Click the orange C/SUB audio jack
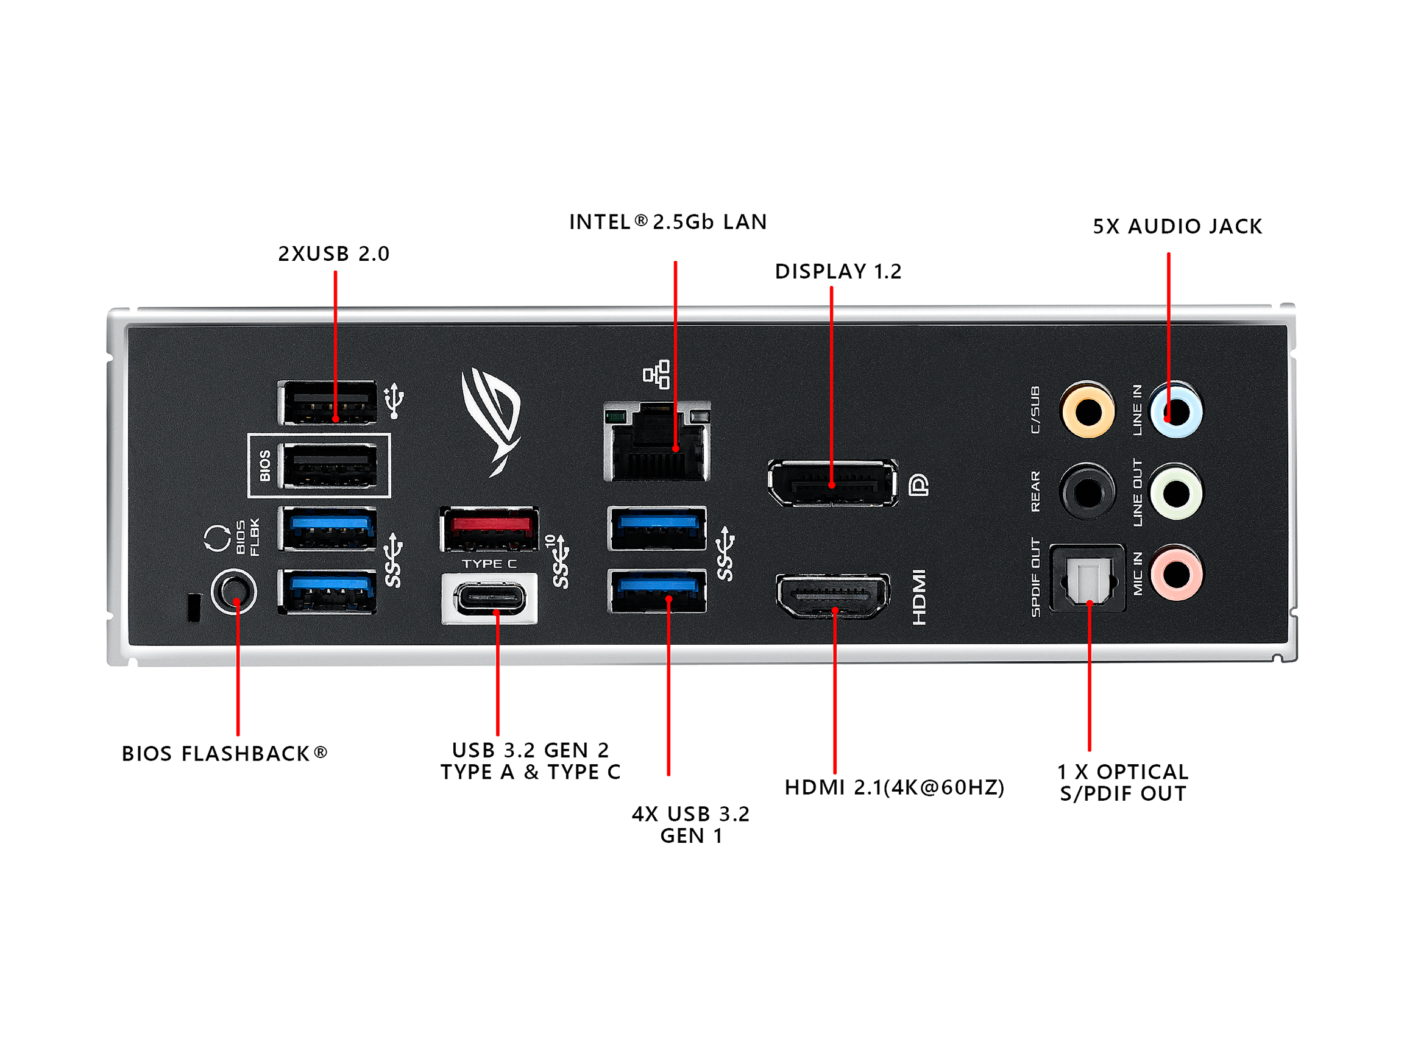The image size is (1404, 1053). pos(1088,411)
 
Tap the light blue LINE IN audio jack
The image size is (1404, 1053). pos(1176,411)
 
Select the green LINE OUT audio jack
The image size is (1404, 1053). pos(1176,492)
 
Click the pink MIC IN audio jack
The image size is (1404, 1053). pos(1176,573)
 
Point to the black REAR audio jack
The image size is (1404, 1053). pos(1088,492)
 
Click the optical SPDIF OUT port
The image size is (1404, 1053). pos(1088,578)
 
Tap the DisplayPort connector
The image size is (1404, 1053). pos(832,484)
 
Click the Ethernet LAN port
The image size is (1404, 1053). pos(658,442)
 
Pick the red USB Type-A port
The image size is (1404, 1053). pos(489,529)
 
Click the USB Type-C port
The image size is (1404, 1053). pos(489,598)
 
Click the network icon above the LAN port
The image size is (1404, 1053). pos(656,375)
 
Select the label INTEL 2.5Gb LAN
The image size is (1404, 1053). pos(668,222)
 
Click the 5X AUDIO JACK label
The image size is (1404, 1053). pos(1177,227)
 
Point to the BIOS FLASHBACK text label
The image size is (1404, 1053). pos(224,753)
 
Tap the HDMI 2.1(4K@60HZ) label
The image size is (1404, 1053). pos(895,787)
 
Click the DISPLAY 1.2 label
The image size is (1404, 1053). pos(838,272)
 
